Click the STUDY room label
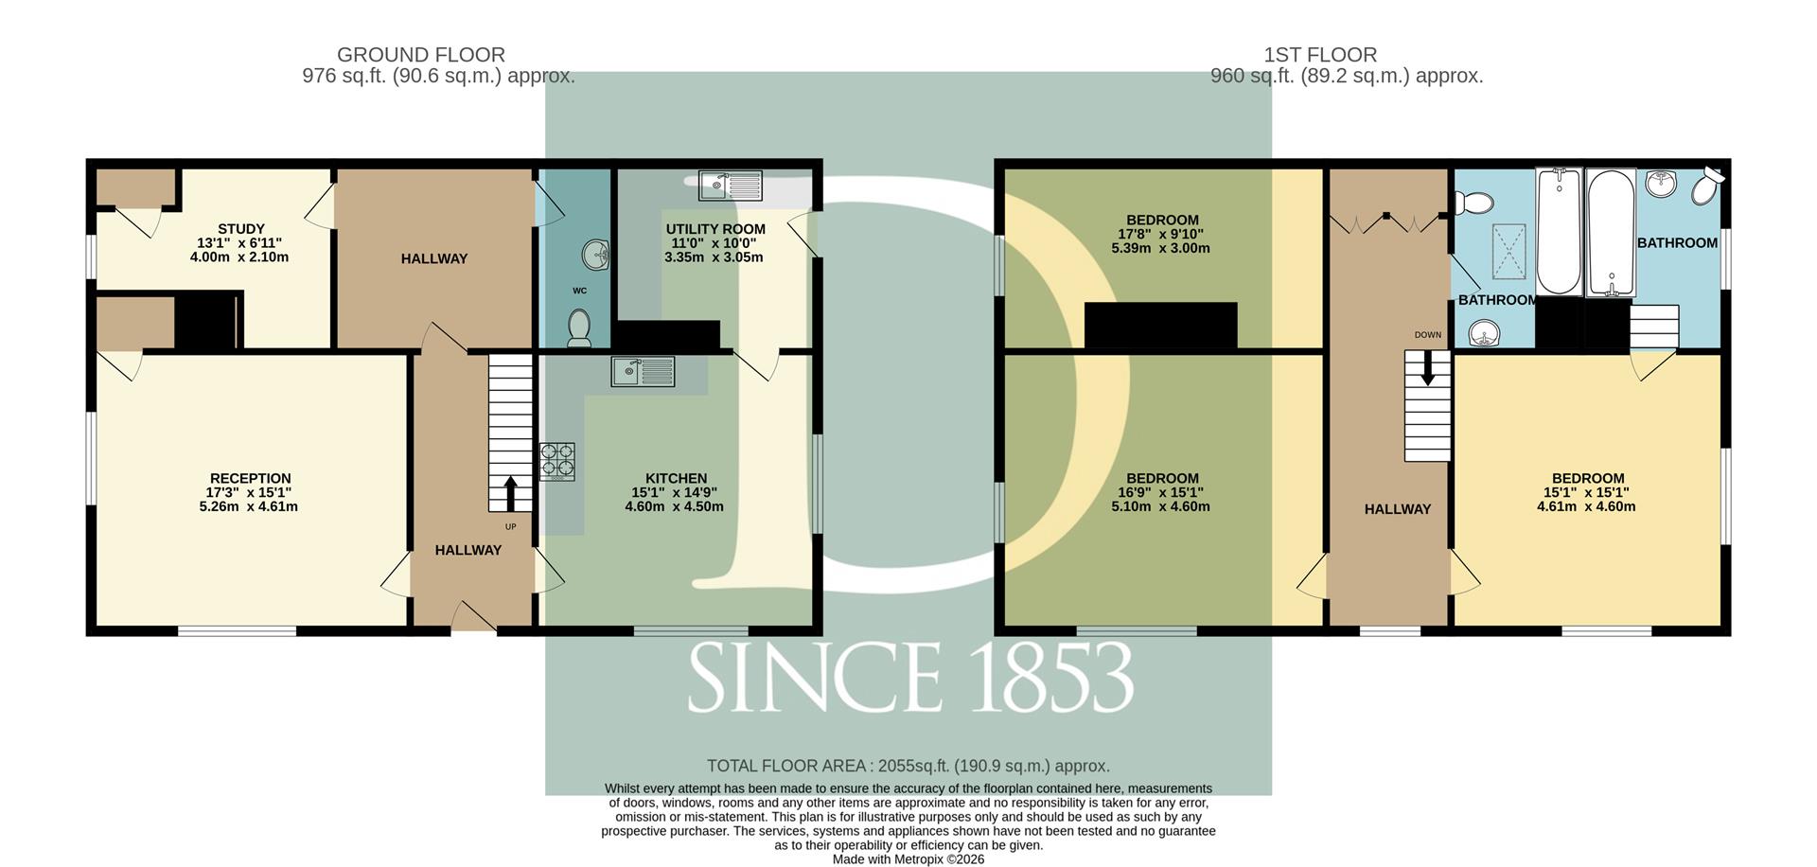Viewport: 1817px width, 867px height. click(x=241, y=229)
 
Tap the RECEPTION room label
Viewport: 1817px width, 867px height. click(x=251, y=479)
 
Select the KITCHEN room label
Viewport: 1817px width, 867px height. click(x=677, y=479)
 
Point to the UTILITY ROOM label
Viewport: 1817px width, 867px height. click(x=715, y=229)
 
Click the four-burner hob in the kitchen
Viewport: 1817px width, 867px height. click(x=557, y=462)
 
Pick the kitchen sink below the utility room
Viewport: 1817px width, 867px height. click(x=644, y=372)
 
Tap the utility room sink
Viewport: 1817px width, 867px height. click(x=731, y=186)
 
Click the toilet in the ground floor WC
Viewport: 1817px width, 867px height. click(x=579, y=328)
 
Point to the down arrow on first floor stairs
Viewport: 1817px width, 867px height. click(x=1428, y=369)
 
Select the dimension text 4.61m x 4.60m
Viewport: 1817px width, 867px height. click(x=1586, y=506)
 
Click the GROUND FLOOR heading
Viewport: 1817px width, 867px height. click(x=421, y=55)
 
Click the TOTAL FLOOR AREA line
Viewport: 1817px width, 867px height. click(x=908, y=766)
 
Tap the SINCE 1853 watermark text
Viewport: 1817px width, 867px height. click(x=910, y=678)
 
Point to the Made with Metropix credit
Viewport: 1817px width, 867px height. click(x=908, y=859)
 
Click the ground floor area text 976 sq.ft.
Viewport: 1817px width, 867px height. click(x=439, y=77)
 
